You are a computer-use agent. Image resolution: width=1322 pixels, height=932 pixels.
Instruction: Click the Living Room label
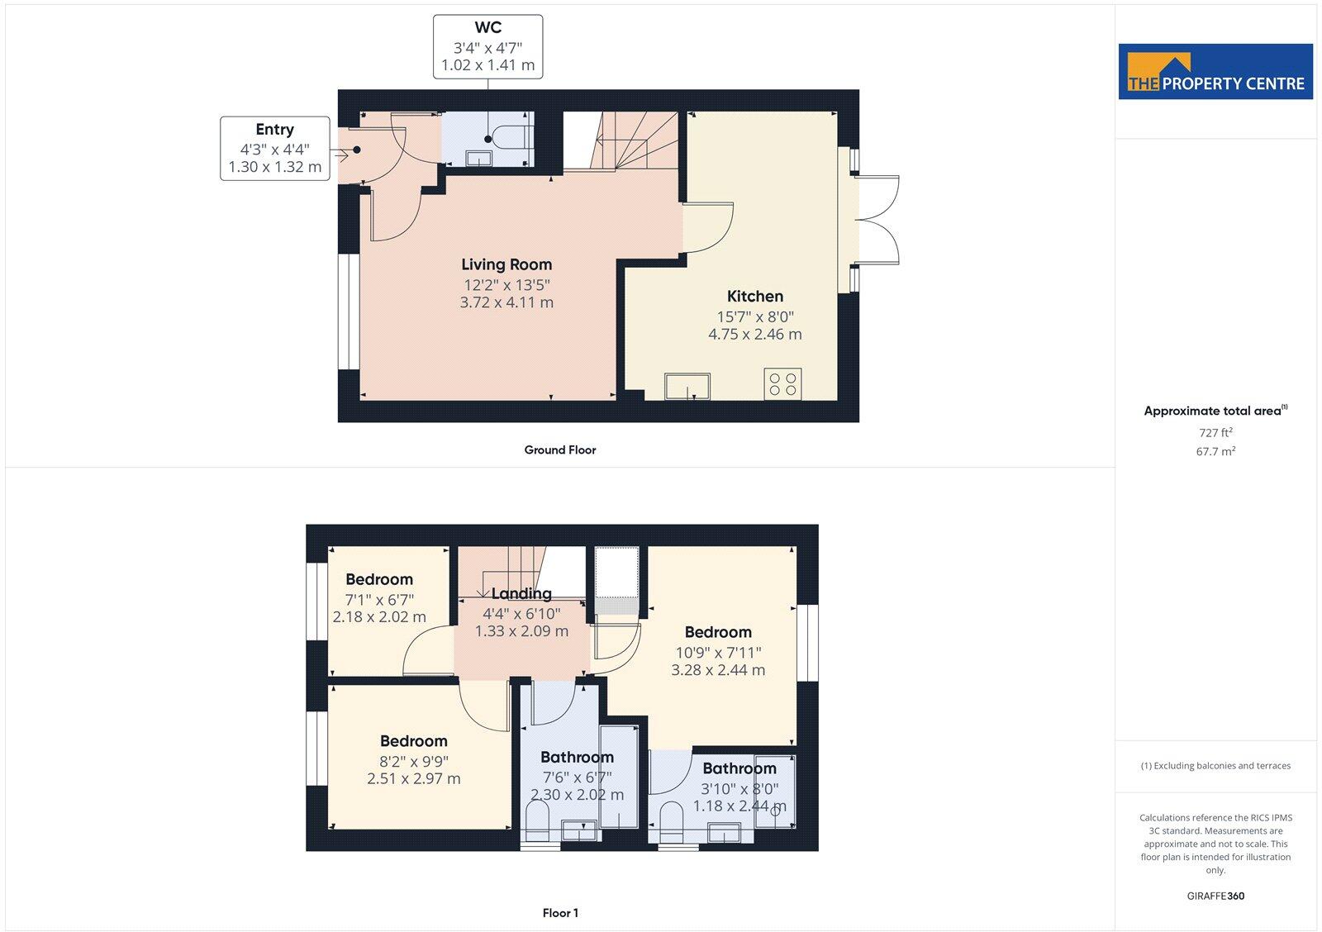506,264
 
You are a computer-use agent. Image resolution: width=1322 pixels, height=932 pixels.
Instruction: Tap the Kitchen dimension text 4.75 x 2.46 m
754,335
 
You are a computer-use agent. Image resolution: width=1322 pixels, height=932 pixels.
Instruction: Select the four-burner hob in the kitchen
782,384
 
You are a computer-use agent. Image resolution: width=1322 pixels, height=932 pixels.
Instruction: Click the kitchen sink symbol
687,386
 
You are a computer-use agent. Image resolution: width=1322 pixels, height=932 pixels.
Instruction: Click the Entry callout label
274,130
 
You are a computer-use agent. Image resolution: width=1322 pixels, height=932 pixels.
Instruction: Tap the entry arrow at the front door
340,154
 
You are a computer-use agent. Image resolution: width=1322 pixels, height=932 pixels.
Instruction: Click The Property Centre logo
1215,72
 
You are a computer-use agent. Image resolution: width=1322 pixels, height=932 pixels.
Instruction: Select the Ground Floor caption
559,450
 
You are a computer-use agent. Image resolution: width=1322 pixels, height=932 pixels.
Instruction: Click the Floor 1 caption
560,913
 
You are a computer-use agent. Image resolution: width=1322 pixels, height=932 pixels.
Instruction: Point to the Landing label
521,593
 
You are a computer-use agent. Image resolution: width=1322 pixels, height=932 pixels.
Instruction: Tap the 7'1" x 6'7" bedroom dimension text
379,599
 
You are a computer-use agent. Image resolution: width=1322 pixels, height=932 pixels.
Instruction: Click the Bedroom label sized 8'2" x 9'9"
413,741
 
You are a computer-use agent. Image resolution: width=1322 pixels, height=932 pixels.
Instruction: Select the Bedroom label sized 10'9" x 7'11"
717,632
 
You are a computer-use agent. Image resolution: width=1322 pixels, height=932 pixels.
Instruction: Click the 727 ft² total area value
1215,433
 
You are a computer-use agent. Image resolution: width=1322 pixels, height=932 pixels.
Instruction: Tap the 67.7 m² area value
1216,452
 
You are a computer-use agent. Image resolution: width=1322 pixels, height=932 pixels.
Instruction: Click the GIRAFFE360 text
1215,896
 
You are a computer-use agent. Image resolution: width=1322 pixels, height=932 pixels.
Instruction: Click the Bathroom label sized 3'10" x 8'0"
739,768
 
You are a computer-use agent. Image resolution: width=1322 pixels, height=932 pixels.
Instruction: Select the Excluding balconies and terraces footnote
1215,766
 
